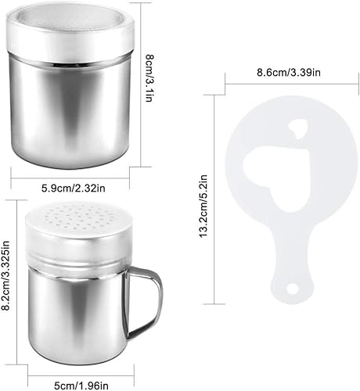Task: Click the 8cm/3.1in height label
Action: pyautogui.click(x=149, y=78)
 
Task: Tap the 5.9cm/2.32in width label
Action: pyautogui.click(x=74, y=188)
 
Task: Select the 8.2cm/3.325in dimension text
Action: pyautogui.click(x=5, y=275)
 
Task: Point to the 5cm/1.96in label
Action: pyautogui.click(x=81, y=386)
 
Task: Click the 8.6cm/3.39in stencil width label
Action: pyautogui.click(x=289, y=72)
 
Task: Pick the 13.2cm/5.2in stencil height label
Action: pyautogui.click(x=203, y=206)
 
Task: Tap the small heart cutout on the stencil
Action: pyautogui.click(x=297, y=128)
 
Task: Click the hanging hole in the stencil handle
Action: pyautogui.click(x=292, y=289)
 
